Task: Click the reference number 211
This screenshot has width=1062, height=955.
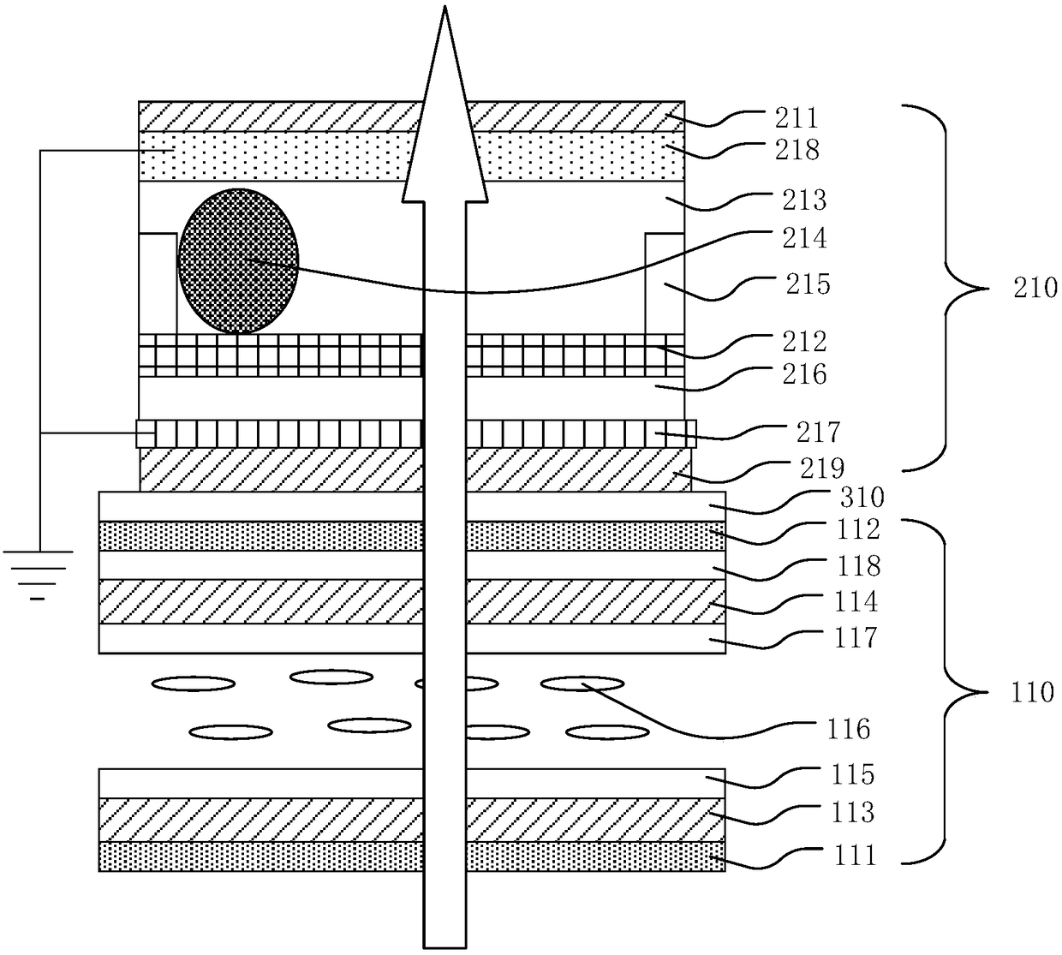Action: tap(796, 117)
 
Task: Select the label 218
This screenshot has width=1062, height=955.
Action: tap(796, 150)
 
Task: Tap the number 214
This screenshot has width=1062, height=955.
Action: tap(805, 237)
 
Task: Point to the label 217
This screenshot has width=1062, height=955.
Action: tap(819, 432)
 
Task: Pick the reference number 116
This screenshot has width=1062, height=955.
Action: tap(848, 730)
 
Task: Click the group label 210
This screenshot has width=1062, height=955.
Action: tap(1035, 288)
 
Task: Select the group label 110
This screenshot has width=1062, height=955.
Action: tap(1031, 691)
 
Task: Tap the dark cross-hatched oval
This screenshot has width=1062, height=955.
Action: tap(239, 261)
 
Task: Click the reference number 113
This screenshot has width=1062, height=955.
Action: tap(851, 812)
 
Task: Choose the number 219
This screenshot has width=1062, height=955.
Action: tap(821, 468)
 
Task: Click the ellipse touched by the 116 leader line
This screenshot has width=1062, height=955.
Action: tap(582, 683)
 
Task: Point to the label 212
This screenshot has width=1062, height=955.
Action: tap(804, 342)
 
